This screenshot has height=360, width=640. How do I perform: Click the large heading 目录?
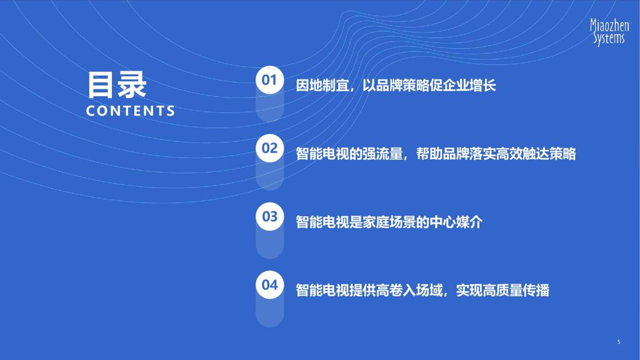pos(117,85)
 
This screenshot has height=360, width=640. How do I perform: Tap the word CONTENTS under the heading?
pos(131,111)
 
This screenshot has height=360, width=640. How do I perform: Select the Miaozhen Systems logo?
pos(610,31)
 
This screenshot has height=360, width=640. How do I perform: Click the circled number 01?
pos(269,80)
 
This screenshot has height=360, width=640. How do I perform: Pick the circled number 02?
pos(269,148)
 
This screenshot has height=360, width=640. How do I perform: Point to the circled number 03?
pos(269,216)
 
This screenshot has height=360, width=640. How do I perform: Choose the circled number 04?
pos(269,284)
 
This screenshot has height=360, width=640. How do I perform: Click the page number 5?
pos(619,342)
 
